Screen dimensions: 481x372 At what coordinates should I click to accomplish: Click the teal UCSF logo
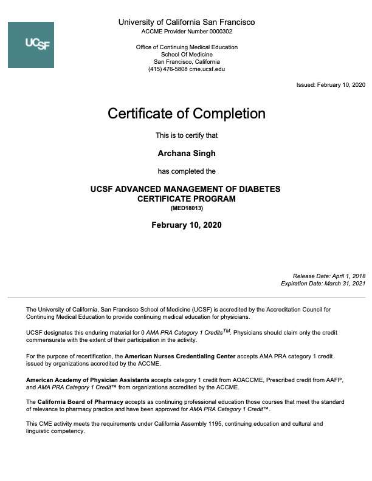point(31,45)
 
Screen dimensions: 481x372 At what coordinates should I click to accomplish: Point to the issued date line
point(331,85)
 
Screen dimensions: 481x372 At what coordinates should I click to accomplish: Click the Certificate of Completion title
point(187,114)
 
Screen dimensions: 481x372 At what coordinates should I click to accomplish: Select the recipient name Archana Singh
point(187,153)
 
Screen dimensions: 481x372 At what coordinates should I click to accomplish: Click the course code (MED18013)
point(187,208)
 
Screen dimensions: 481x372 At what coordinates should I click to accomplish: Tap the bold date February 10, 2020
point(187,225)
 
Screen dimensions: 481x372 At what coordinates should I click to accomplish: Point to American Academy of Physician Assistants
point(88,380)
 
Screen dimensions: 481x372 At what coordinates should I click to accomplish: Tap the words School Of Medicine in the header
point(187,55)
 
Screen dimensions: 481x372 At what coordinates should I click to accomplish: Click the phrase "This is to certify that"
point(187,135)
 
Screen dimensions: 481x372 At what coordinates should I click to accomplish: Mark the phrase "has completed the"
point(187,171)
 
